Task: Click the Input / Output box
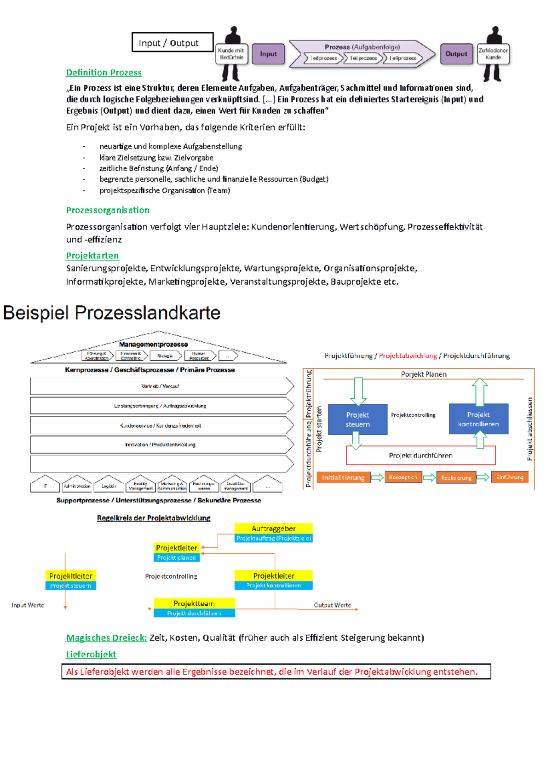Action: [x=172, y=42]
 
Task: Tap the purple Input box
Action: [x=268, y=54]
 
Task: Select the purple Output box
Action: [x=456, y=54]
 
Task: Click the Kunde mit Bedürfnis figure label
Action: [x=231, y=54]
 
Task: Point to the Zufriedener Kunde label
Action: [x=493, y=54]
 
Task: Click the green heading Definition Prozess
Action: [x=103, y=73]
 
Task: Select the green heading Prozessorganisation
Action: [x=108, y=210]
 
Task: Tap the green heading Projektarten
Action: [x=92, y=256]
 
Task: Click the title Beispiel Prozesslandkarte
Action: [x=112, y=313]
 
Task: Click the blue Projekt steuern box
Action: [x=358, y=419]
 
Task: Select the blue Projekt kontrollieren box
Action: [x=478, y=419]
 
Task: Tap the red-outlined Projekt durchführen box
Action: [x=420, y=455]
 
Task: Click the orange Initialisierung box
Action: [x=343, y=477]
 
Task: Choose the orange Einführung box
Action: [x=510, y=477]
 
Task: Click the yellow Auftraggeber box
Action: [x=273, y=528]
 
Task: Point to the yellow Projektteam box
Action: [x=194, y=603]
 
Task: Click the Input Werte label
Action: [x=28, y=605]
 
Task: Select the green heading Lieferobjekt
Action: [x=91, y=655]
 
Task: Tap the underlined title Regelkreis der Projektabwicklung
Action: [x=154, y=518]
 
